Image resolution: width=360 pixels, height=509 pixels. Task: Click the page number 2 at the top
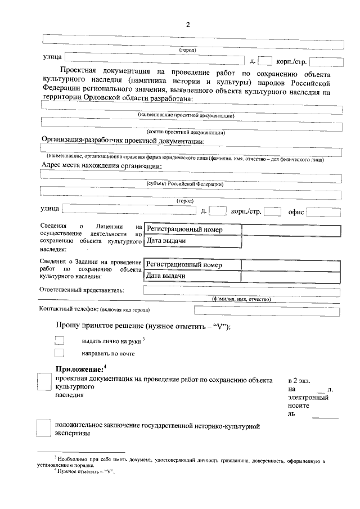(188, 25)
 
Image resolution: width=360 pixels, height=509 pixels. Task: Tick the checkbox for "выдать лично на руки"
(60, 340)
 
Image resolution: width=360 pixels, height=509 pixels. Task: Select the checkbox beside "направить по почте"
(60, 353)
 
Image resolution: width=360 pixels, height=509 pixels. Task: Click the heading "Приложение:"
(79, 368)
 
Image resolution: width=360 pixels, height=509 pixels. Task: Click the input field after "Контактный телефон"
(267, 310)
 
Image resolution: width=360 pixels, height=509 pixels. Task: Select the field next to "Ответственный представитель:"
(242, 290)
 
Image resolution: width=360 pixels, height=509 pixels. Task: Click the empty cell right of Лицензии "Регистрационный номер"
(291, 230)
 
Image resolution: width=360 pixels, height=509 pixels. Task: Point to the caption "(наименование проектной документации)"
(186, 115)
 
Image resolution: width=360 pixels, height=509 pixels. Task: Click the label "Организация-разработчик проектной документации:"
(123, 141)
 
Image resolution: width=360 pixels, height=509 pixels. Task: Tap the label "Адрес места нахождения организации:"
(101, 166)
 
